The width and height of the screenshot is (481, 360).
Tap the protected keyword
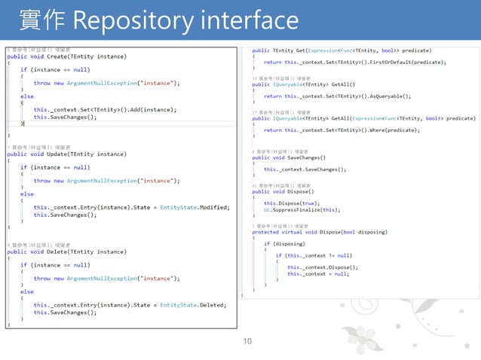click(265, 232)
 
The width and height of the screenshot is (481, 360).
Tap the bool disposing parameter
click(374, 232)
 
